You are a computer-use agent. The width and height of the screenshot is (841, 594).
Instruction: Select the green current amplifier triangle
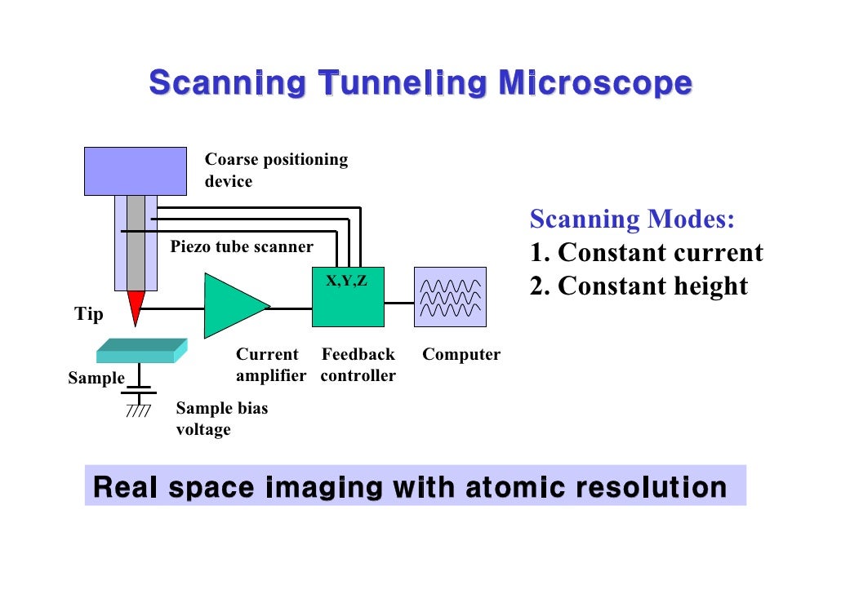point(231,306)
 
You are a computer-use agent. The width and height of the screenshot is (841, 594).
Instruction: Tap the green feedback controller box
point(349,302)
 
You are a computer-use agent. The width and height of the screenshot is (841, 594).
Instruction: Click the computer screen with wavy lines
point(450,297)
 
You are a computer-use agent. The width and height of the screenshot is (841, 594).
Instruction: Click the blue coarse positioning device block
point(135,171)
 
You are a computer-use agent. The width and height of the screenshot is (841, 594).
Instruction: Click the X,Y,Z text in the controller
point(347,281)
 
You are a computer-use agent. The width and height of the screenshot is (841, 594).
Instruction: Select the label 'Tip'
point(89,314)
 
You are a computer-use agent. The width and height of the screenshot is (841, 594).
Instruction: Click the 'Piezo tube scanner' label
point(241,246)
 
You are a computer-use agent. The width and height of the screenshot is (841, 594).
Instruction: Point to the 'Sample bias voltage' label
point(221,419)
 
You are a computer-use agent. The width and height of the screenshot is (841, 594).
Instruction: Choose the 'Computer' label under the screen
point(461,355)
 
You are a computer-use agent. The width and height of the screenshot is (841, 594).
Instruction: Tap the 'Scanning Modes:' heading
point(632,219)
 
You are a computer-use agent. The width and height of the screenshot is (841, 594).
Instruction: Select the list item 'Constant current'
point(660,253)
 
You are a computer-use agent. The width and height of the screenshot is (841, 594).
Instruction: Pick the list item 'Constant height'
point(652,286)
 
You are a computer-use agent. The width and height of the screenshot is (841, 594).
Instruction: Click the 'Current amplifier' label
point(270,365)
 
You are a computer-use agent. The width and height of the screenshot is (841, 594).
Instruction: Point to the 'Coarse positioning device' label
point(275,171)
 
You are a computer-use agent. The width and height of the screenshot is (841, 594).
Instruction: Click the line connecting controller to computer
point(399,303)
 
